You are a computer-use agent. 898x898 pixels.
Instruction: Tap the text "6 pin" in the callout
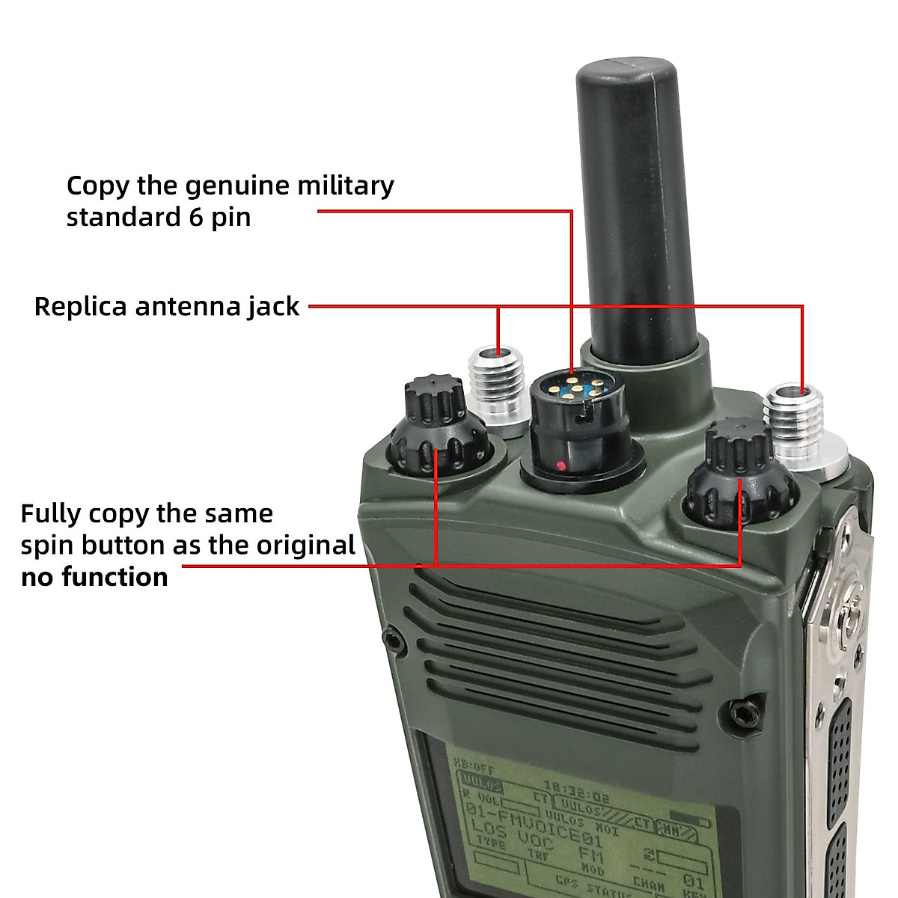[x=216, y=218]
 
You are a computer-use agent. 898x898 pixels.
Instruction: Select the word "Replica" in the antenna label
[x=80, y=307]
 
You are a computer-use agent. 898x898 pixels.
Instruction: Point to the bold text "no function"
[x=94, y=577]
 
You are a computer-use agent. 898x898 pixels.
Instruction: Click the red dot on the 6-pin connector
[x=561, y=467]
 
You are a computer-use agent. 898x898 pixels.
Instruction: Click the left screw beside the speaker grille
[x=390, y=638]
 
